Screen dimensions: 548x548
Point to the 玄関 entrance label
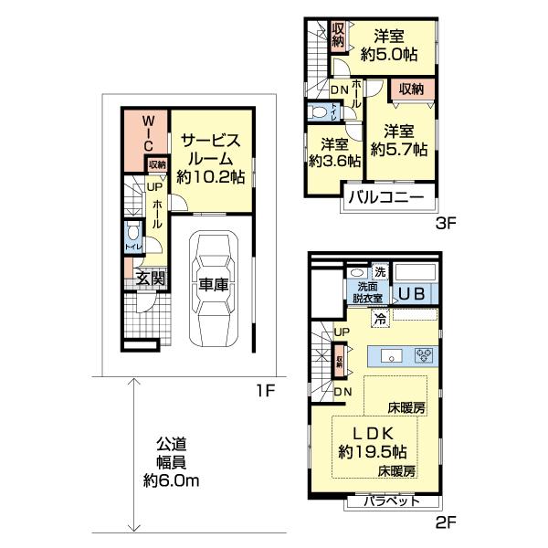(151, 279)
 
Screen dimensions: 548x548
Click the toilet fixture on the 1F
(133, 231)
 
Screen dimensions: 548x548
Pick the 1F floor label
(264, 392)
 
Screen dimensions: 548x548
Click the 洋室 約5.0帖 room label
(390, 46)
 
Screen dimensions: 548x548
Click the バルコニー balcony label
(383, 198)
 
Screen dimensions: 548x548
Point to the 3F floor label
(446, 220)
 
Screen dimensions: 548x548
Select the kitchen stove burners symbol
(423, 355)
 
